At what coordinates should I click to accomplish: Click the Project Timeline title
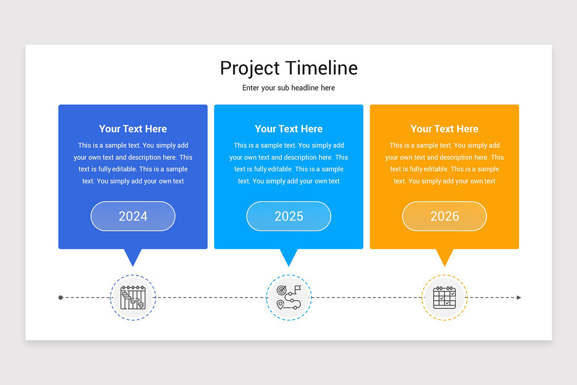288,68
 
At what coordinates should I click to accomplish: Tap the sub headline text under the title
288,88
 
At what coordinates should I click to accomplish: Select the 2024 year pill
133,216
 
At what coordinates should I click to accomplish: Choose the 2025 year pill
288,216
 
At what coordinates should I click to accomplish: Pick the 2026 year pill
444,216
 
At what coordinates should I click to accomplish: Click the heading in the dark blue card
133,129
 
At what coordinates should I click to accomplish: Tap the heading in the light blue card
288,129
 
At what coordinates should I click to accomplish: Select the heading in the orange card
444,129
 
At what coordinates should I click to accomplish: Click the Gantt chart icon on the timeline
133,297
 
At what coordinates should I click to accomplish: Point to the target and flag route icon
289,297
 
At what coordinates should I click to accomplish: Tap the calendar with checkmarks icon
444,297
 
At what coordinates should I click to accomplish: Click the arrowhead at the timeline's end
519,297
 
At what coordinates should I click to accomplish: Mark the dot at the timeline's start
61,297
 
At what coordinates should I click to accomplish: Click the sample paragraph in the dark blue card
133,163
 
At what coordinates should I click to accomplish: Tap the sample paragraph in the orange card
444,163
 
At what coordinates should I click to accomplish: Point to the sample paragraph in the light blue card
288,163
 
